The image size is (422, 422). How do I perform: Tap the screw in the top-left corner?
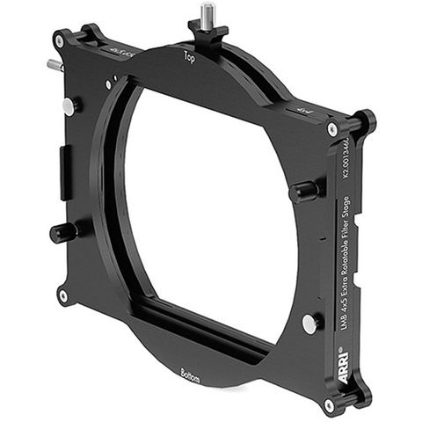coord(59,40)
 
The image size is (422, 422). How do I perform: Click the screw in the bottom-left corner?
coord(62,295)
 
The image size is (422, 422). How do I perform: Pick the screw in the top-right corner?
coord(332,129)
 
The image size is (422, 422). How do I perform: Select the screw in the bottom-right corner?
coord(329,405)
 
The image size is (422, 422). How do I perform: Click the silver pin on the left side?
coord(69,105)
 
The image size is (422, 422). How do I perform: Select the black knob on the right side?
coord(303,190)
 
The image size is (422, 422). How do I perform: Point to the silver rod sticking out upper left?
coord(54,65)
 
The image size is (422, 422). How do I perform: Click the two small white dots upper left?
coord(109,84)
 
